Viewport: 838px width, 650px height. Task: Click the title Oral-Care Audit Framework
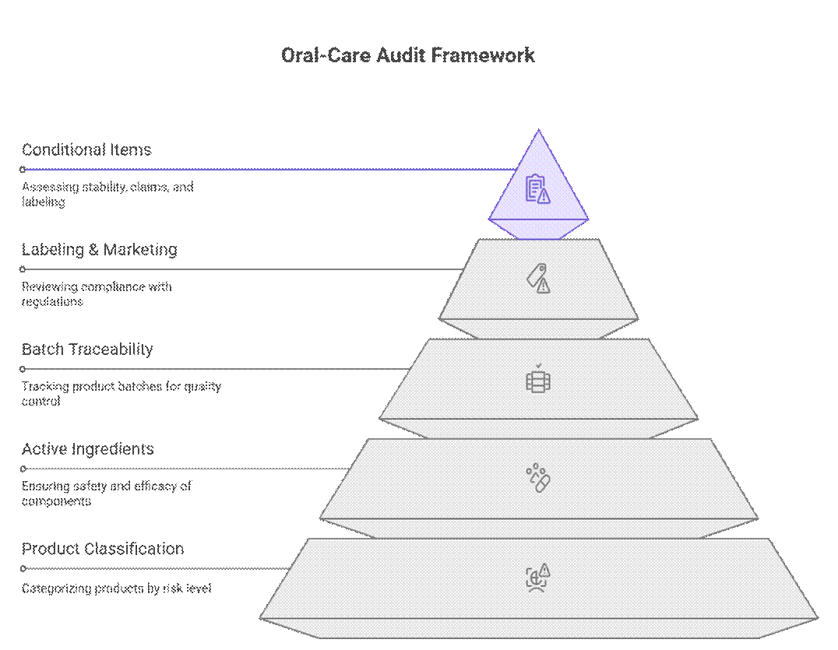(408, 55)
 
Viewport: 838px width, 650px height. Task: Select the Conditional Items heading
(86, 149)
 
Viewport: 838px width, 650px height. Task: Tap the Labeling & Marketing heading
(100, 250)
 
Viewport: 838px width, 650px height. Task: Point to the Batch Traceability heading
(87, 350)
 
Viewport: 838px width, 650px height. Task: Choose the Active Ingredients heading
(88, 449)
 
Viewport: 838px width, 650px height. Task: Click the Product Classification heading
(103, 549)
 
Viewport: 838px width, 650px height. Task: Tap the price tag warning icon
(538, 278)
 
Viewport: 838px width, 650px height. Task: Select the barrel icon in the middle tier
(538, 380)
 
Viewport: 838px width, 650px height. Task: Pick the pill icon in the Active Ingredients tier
(538, 478)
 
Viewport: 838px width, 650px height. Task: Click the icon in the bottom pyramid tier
(538, 578)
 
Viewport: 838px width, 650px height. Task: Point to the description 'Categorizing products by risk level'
(116, 589)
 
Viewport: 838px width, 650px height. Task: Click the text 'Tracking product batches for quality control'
(121, 394)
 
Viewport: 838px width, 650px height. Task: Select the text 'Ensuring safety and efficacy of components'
(106, 494)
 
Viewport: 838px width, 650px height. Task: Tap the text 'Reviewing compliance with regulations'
(97, 294)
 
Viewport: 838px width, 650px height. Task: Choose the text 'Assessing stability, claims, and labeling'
(107, 195)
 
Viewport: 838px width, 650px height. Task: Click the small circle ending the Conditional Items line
(23, 169)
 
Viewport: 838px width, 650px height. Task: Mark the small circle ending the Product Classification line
(23, 568)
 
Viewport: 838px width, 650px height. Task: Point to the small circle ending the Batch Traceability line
(23, 369)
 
